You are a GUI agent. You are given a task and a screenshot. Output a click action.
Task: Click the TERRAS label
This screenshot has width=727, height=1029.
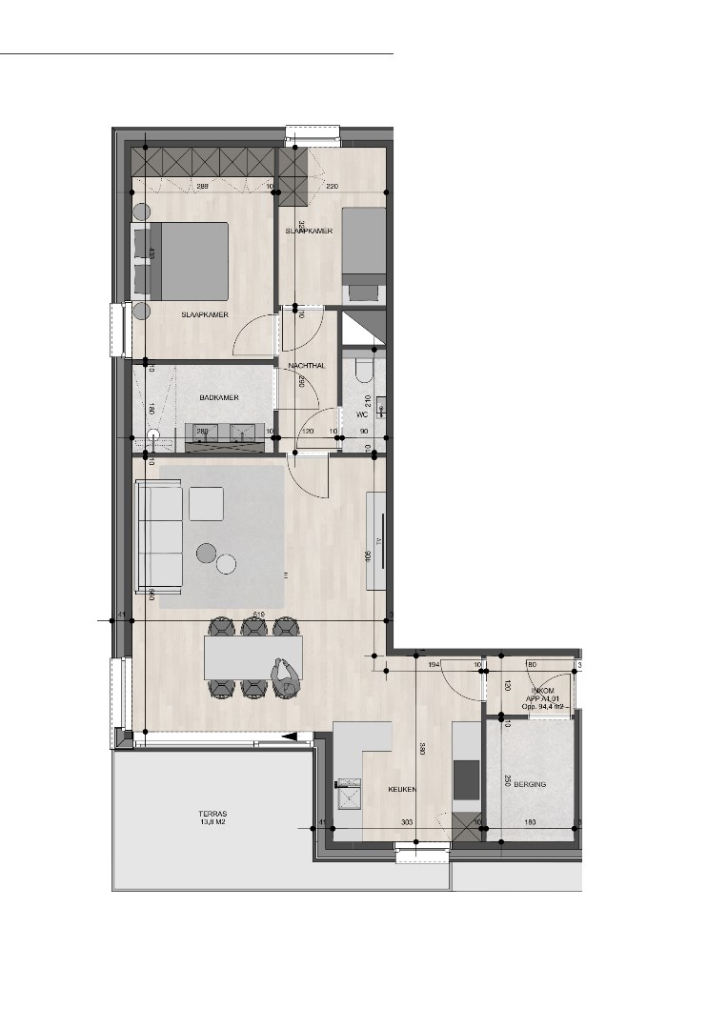212,815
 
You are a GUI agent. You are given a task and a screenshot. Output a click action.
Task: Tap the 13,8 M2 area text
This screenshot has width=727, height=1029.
212,824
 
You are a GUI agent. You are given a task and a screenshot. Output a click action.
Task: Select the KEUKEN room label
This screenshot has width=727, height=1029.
404,790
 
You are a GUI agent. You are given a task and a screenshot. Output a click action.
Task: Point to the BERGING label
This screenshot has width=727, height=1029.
530,782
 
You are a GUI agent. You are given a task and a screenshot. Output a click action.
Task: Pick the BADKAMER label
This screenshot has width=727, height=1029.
218,397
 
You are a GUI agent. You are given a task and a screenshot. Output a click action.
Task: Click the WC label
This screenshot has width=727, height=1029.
362,414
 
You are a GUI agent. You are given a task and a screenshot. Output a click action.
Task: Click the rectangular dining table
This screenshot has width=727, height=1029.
252,657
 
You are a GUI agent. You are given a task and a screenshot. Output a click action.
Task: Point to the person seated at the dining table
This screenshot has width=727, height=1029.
286,678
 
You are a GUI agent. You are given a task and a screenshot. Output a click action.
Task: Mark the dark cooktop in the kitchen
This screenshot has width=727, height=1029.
466,779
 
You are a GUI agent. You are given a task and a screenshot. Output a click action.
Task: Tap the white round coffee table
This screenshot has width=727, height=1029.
226,564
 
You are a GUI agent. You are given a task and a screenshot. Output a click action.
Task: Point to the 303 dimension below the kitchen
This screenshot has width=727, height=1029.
407,821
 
